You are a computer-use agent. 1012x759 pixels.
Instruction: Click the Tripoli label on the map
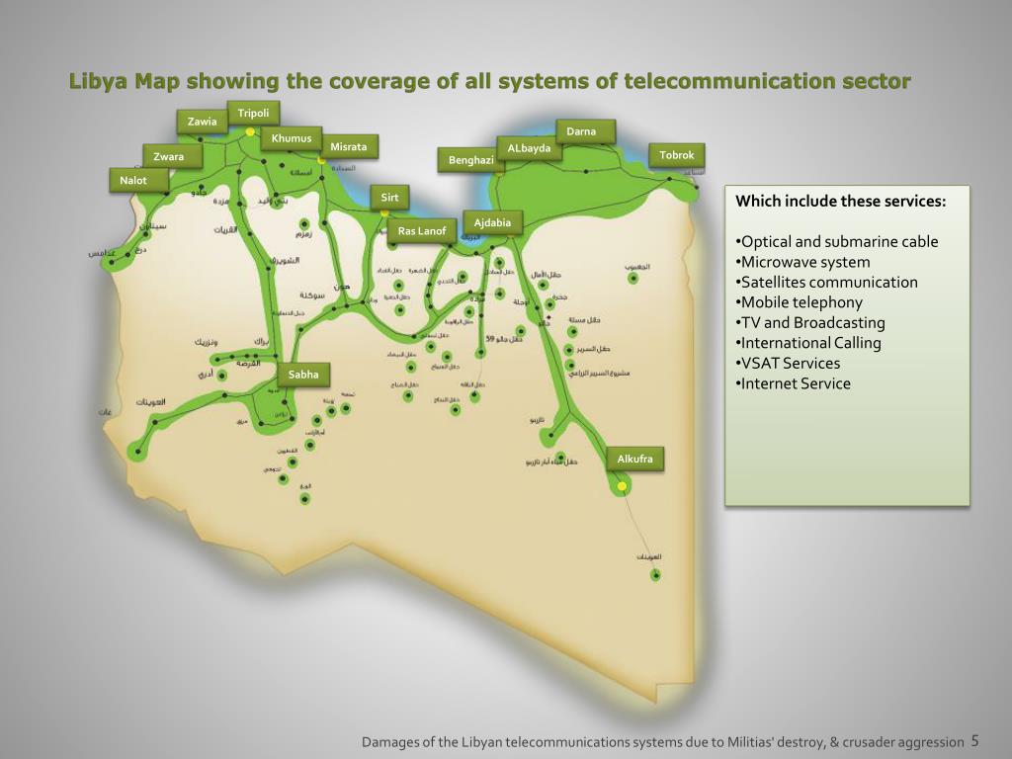pyautogui.click(x=253, y=113)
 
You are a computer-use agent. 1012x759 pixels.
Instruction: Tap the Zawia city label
pyautogui.click(x=202, y=122)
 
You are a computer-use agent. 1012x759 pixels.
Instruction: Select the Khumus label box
pyautogui.click(x=292, y=138)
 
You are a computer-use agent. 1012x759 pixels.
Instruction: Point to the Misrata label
pyautogui.click(x=348, y=147)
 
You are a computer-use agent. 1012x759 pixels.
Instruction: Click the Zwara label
pyautogui.click(x=169, y=156)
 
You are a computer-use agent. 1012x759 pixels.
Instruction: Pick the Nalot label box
pyautogui.click(x=133, y=180)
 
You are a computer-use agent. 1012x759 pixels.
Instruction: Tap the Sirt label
pyautogui.click(x=389, y=198)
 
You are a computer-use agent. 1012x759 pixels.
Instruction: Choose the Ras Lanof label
pyautogui.click(x=422, y=231)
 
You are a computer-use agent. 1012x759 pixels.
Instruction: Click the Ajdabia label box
pyautogui.click(x=492, y=222)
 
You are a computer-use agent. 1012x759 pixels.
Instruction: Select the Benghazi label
pyautogui.click(x=470, y=160)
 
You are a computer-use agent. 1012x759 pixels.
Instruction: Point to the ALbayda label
pyautogui.click(x=529, y=148)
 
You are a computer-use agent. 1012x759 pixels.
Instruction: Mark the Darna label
pyautogui.click(x=581, y=131)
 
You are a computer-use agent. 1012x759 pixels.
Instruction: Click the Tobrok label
pyautogui.click(x=677, y=155)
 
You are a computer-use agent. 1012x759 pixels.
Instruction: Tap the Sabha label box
pyautogui.click(x=303, y=374)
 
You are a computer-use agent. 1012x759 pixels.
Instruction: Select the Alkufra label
pyautogui.click(x=634, y=460)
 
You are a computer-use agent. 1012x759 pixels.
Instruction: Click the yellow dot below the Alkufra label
pyautogui.click(x=622, y=486)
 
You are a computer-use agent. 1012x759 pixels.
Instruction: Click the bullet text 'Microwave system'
pyautogui.click(x=805, y=262)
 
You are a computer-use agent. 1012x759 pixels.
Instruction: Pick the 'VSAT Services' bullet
pyautogui.click(x=791, y=363)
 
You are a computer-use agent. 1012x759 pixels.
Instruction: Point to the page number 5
pyautogui.click(x=974, y=740)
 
